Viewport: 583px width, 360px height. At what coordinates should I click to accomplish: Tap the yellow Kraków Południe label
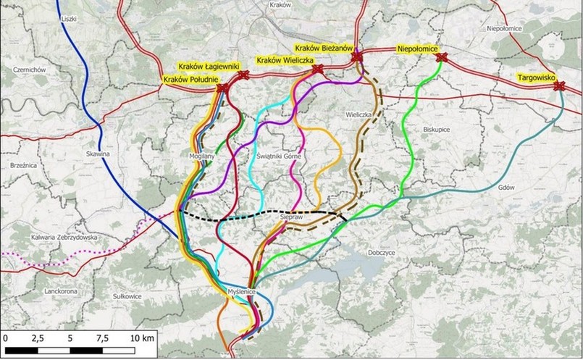[190, 78]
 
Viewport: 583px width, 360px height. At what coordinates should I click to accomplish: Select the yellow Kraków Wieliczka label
[285, 59]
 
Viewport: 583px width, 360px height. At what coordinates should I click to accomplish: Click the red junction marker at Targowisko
[559, 86]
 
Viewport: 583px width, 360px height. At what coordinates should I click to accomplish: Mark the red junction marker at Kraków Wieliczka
[317, 70]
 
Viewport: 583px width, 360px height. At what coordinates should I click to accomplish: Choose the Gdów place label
[506, 187]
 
